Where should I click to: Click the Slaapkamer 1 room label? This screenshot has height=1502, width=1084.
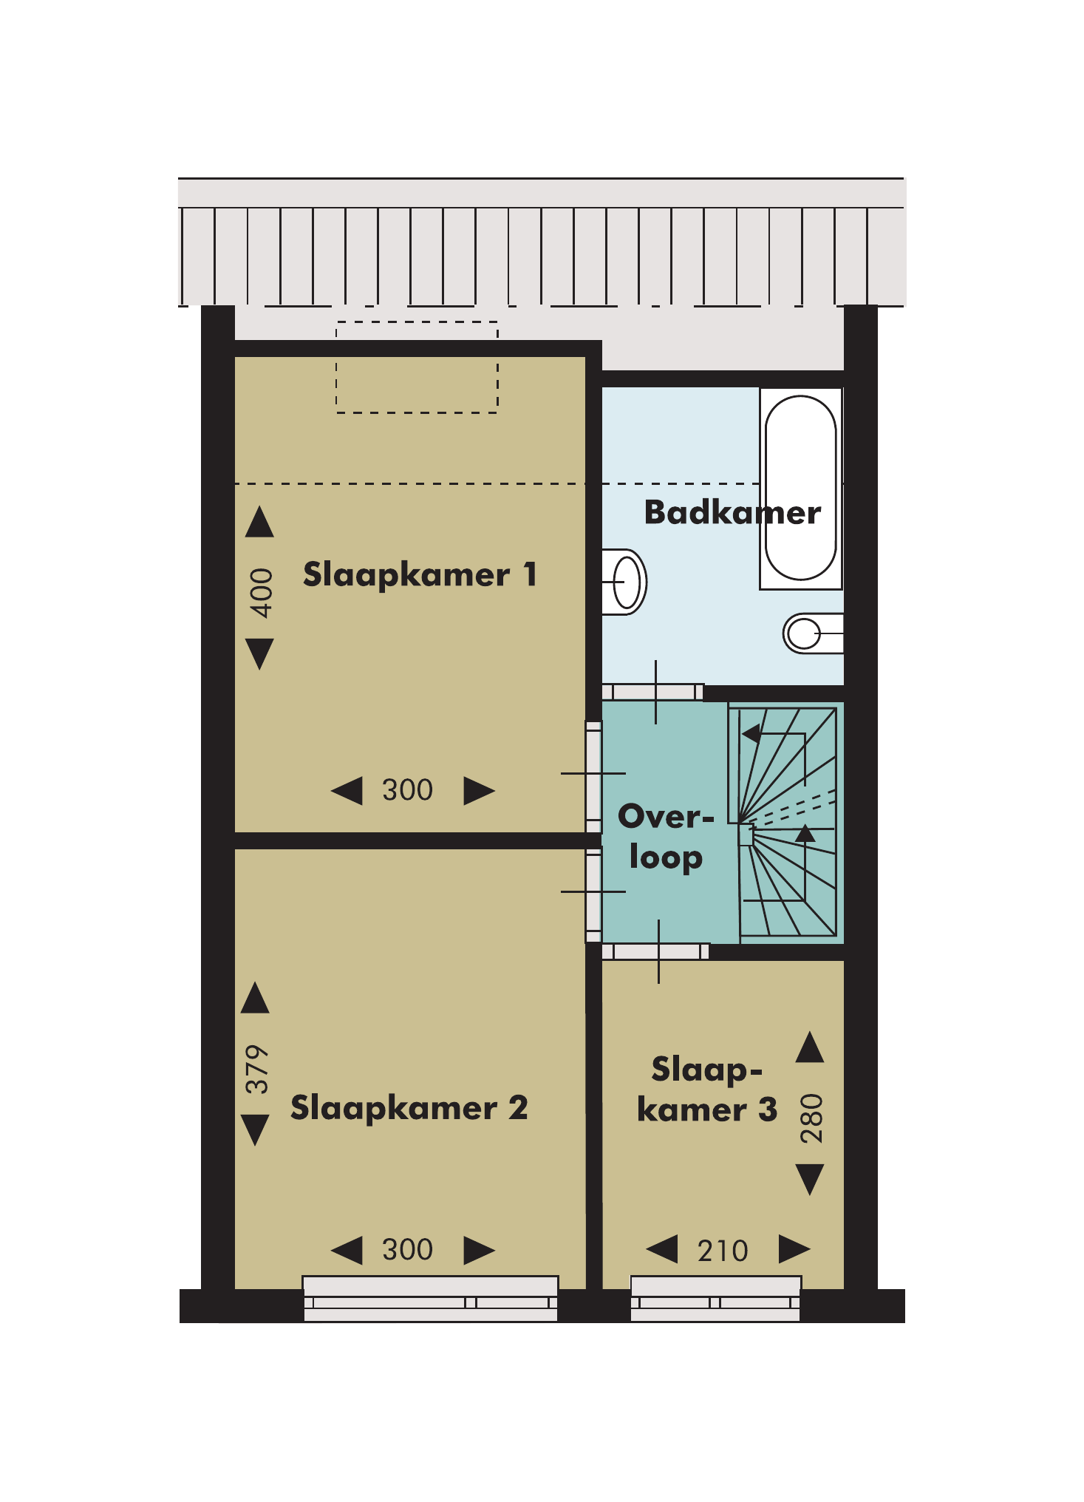(420, 575)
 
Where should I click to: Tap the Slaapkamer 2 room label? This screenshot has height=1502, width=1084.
(409, 1108)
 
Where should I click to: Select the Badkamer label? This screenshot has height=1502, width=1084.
(732, 512)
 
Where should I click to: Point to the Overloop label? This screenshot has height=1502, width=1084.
(666, 837)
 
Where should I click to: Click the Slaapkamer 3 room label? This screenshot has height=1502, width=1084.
(707, 1090)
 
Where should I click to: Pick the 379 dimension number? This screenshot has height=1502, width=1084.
(257, 1069)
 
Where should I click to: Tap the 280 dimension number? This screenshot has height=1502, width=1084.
(811, 1118)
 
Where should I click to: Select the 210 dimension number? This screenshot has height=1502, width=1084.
(723, 1251)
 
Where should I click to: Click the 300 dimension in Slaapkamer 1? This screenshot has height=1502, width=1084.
(407, 790)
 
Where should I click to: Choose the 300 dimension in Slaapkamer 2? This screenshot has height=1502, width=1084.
(407, 1250)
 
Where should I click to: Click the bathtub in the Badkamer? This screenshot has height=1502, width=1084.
(801, 489)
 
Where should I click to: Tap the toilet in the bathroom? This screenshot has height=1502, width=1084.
(812, 633)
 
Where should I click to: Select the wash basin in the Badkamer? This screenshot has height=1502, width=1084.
(625, 582)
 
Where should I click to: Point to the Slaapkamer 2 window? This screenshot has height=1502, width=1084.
(430, 1298)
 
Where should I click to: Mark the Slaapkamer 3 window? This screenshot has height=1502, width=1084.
(715, 1298)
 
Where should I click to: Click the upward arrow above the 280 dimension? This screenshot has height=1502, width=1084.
(810, 1047)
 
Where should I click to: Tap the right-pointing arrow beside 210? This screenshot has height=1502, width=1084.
(794, 1249)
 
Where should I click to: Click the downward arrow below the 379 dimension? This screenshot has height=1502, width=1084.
(256, 1130)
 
